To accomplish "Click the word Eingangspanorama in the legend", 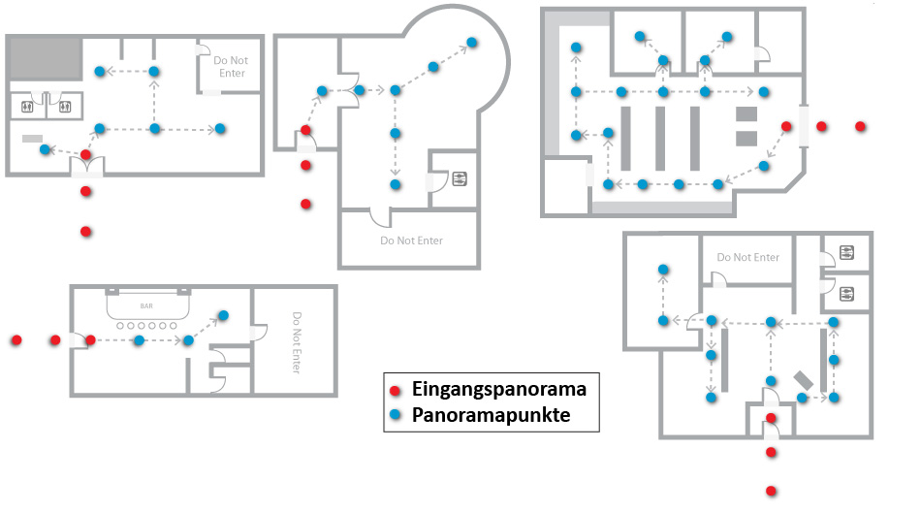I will coord(498,390).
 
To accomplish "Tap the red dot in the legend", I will coord(396,390).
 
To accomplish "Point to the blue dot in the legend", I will coord(396,416).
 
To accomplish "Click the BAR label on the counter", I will coord(146,306).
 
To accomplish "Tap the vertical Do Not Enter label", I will coord(297,341).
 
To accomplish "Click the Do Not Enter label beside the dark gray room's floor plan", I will coord(229,67).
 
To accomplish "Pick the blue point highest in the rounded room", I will coord(472,42).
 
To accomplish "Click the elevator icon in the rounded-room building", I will coord(459,178).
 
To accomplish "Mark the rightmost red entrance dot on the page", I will coord(860,127).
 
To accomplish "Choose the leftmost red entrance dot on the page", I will coord(16,340).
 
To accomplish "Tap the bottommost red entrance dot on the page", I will coord(772,491).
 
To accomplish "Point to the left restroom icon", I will coord(27,106).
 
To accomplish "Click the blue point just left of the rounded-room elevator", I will coord(395,184).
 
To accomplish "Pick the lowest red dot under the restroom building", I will coord(86,232).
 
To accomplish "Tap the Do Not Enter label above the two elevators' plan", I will coord(747,257).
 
